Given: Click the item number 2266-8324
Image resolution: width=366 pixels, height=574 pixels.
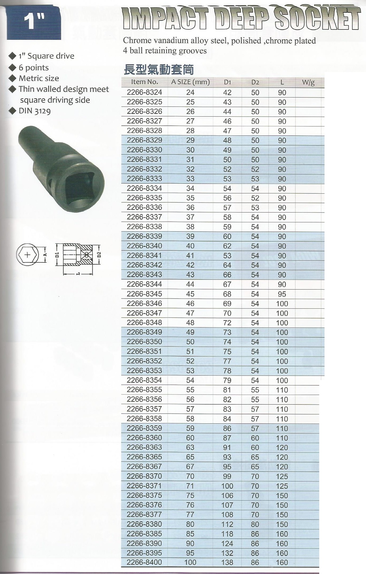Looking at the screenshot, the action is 144,92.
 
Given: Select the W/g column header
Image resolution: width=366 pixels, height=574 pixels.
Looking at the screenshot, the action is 308,83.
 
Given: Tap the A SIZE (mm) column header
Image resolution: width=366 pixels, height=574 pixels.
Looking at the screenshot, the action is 190,82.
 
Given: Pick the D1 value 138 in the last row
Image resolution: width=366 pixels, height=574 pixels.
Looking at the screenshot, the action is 227,562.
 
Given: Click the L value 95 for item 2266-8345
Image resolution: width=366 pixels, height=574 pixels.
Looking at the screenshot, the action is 282,294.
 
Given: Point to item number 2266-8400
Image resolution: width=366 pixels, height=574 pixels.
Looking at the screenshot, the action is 144,562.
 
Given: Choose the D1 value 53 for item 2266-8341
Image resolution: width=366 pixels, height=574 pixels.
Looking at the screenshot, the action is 227,256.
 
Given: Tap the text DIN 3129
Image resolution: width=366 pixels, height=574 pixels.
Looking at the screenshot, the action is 35,111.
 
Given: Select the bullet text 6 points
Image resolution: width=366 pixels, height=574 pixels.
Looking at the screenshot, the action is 34,68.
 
